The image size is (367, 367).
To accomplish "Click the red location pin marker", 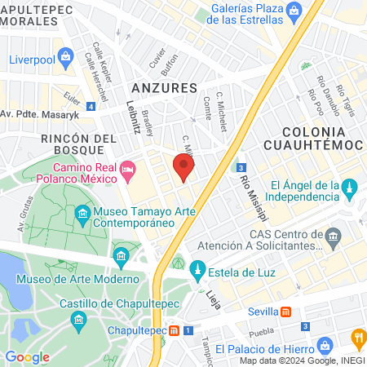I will pos(184,167).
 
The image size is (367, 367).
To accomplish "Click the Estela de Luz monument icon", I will pos(197,268).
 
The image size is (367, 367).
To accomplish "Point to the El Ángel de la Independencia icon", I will pos(350,188).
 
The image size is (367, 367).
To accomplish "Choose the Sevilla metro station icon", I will pos(286,312).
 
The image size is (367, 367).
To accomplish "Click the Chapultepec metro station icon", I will pos(175,331).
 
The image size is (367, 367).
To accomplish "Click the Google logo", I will pos(27,356).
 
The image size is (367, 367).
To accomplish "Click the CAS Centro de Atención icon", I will pos(333,237).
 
